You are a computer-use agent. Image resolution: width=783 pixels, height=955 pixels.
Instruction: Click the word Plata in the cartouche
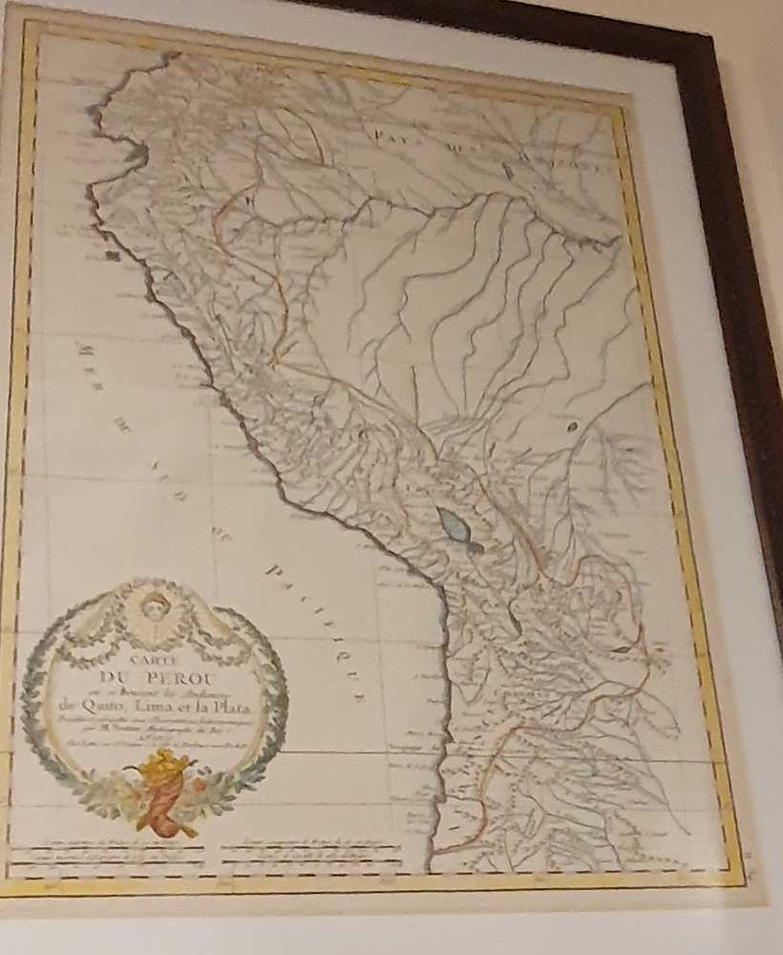(222, 705)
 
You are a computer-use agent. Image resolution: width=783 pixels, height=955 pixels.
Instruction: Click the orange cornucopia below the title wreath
(162, 793)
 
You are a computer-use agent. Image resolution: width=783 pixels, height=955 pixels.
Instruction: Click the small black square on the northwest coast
(113, 255)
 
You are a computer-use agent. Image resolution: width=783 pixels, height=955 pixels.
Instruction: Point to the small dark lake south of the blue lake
(516, 622)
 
